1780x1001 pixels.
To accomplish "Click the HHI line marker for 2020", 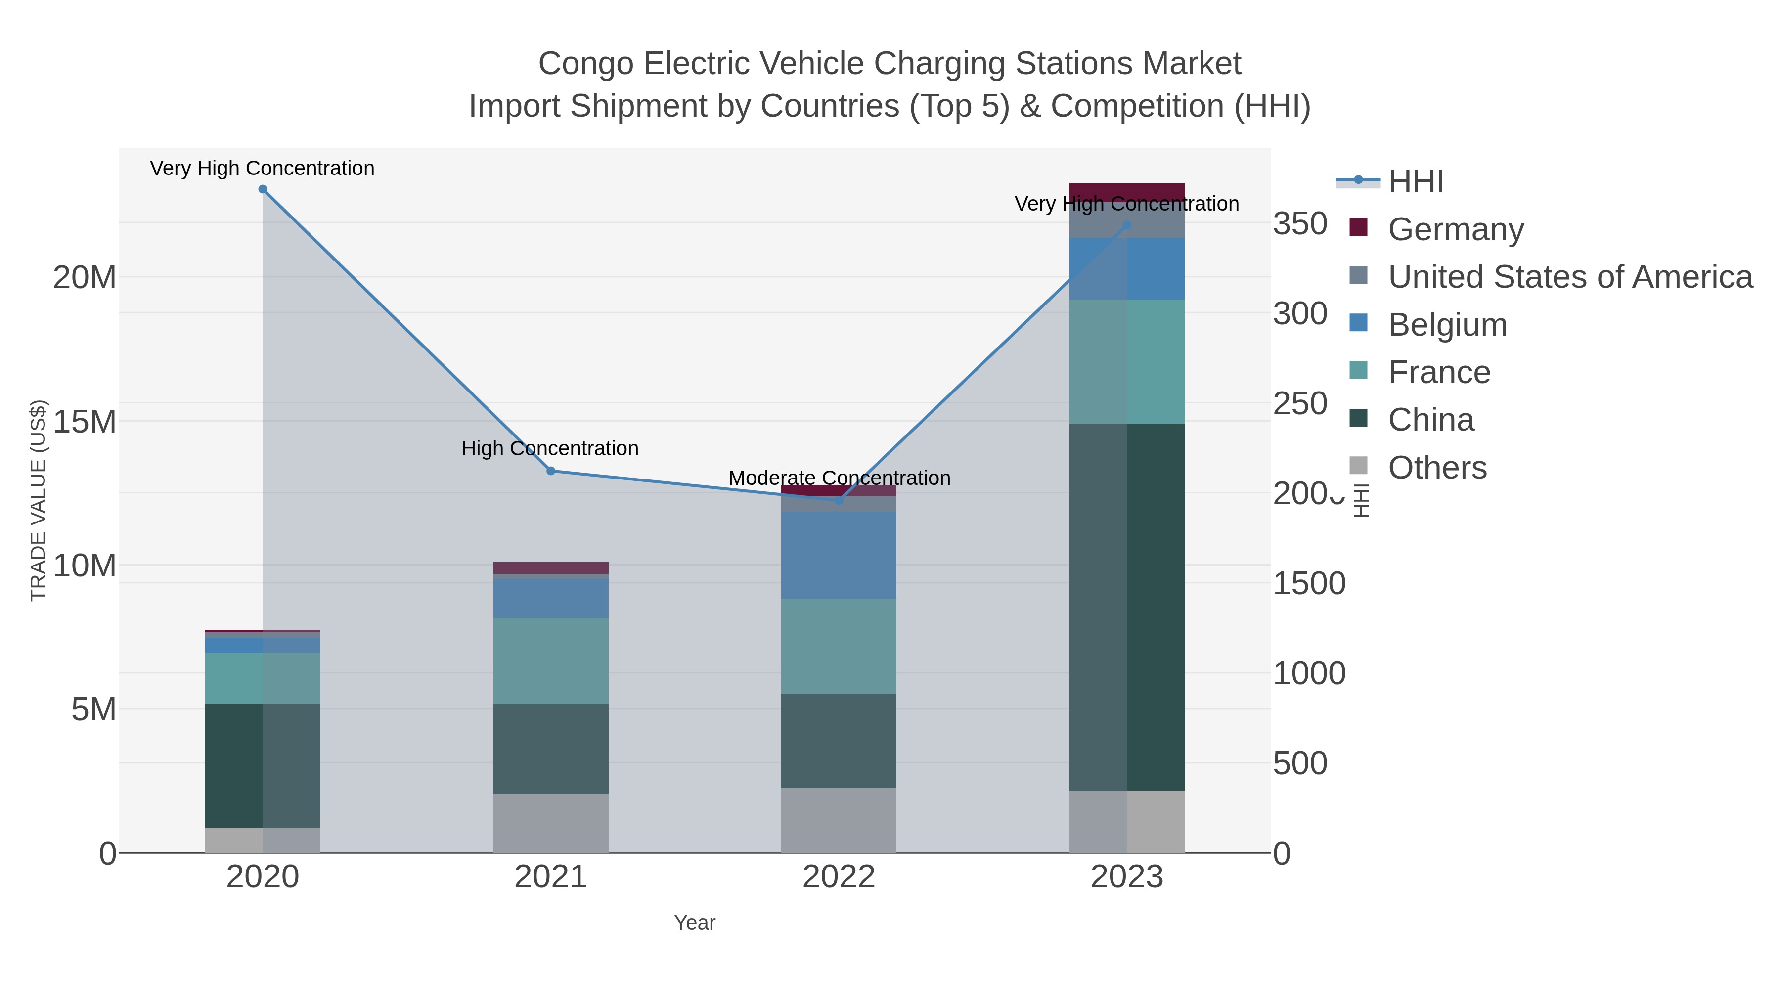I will pos(263,189).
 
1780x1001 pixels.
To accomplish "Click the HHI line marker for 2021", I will pos(551,471).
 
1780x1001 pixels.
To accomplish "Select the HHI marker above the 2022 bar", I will pos(839,499).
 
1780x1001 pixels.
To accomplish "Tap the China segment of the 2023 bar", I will pos(1127,607).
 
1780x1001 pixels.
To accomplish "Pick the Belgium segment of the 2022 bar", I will pos(839,555).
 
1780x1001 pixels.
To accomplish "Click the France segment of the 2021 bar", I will pos(551,661).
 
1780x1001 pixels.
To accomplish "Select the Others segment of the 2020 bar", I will pos(263,840).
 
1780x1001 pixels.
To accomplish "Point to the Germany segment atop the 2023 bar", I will pos(1127,192).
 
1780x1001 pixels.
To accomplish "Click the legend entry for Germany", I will pos(1455,229).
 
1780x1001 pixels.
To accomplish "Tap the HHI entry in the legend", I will pos(1415,182).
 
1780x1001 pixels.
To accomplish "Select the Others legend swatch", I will pos(1359,466).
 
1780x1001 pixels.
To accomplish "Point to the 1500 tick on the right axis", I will pos(1309,584).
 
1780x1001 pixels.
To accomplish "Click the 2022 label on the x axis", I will pos(839,877).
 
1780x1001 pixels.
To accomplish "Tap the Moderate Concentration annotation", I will pos(839,478).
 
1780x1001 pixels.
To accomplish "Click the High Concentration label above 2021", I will pos(550,448).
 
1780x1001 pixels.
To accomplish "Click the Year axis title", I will pos(695,923).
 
